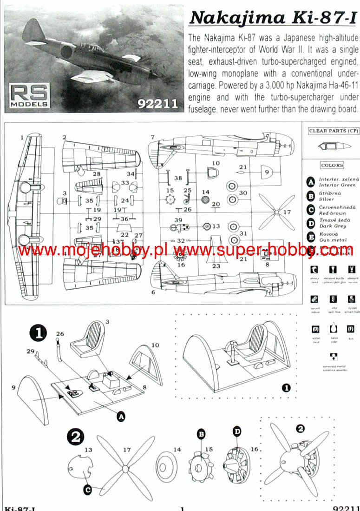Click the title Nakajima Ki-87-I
tap(274, 17)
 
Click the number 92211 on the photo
tap(158, 104)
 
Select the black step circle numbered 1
tap(38, 333)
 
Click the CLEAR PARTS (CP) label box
tap(334, 131)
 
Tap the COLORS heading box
tap(332, 165)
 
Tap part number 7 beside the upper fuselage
tap(152, 137)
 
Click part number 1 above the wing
tap(21, 138)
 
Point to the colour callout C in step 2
tap(88, 489)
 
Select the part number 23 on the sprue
tap(216, 266)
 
